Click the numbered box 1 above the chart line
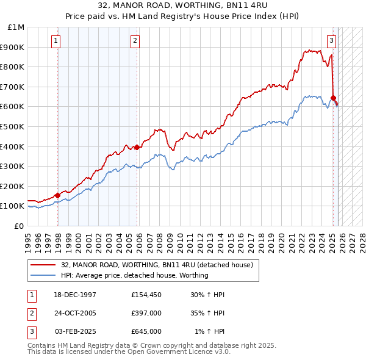point(56,41)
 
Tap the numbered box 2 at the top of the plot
point(135,41)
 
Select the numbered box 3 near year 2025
point(331,41)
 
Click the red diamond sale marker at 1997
point(57,195)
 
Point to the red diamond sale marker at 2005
point(137,146)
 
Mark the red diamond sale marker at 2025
point(333,98)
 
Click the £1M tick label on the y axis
point(16,27)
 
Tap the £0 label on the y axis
point(19,226)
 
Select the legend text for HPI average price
point(134,275)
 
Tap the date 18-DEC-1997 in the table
point(76,295)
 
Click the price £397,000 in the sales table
point(146,313)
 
